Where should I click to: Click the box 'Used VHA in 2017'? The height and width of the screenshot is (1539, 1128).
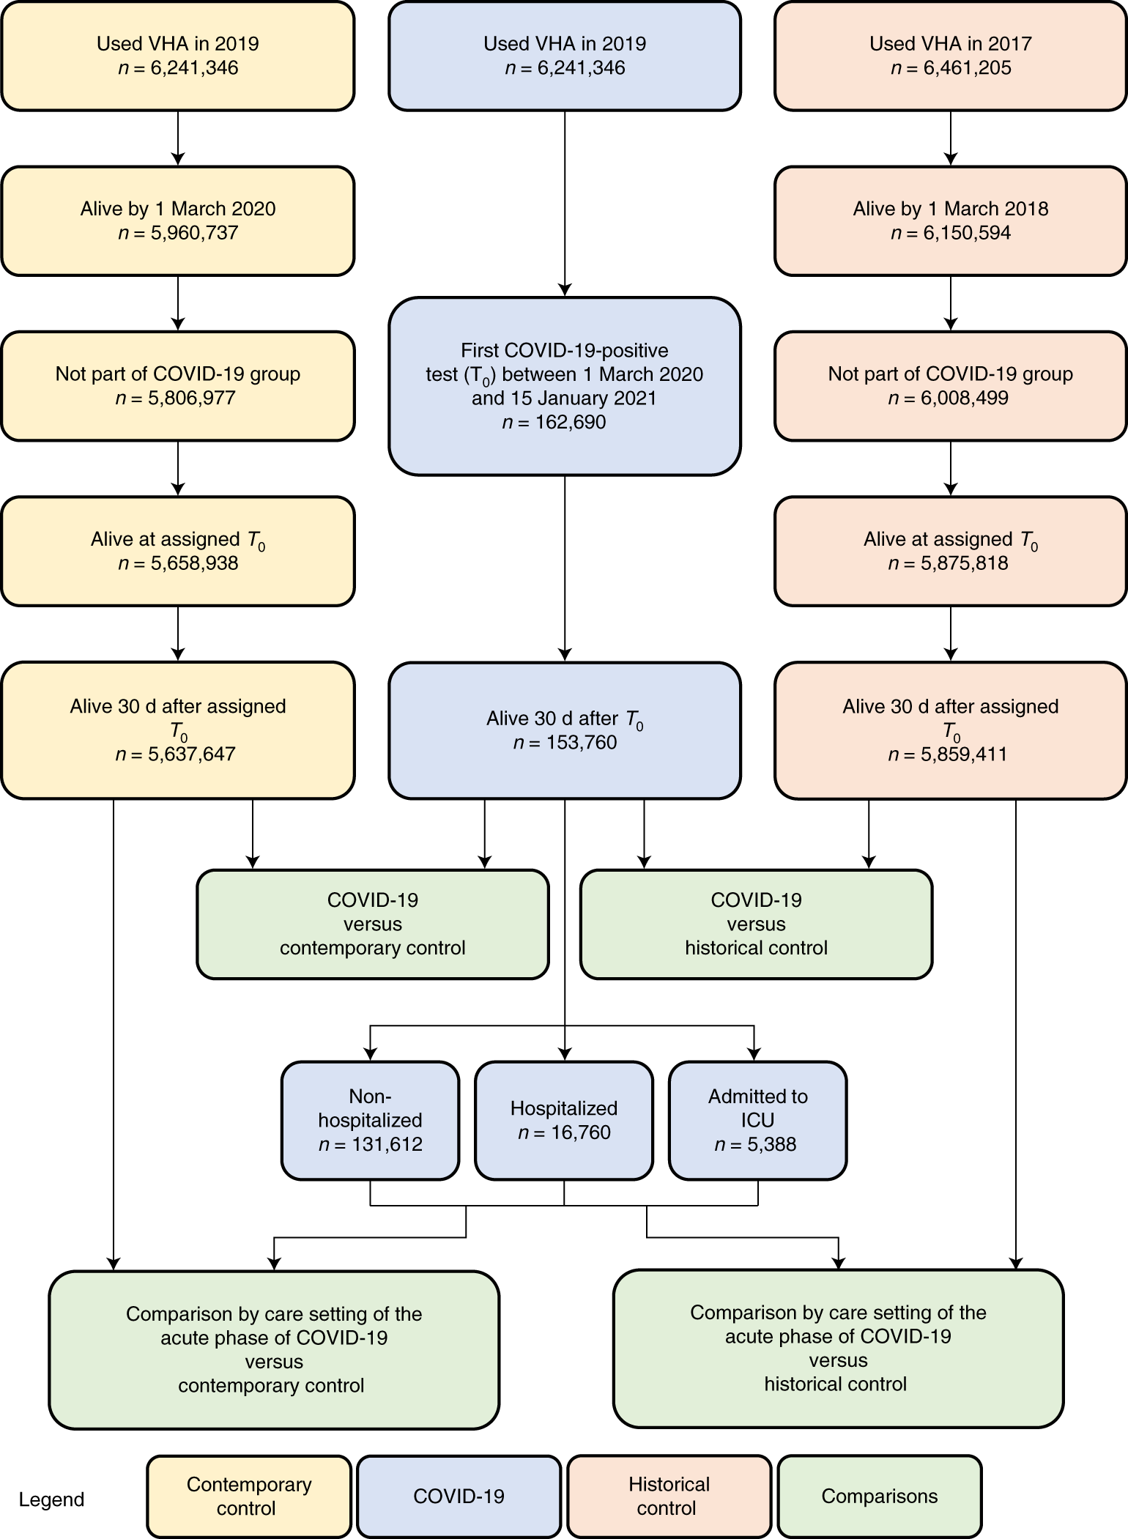[950, 56]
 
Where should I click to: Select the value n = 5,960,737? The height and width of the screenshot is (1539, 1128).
[178, 233]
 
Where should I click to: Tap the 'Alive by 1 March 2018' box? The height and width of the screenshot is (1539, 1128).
[950, 220]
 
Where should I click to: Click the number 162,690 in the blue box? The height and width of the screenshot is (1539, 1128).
[554, 423]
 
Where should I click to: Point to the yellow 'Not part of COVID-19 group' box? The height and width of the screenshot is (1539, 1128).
[178, 386]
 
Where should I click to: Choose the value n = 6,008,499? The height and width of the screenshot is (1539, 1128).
[949, 398]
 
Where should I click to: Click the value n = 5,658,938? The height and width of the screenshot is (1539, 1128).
[178, 563]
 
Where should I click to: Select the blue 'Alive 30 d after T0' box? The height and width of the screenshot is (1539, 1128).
[564, 730]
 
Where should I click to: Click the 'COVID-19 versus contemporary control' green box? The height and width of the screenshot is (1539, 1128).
[373, 924]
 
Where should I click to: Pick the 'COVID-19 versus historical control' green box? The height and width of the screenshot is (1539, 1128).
[756, 924]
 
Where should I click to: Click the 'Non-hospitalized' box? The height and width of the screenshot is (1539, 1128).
[370, 1120]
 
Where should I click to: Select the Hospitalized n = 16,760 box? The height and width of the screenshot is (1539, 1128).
[564, 1120]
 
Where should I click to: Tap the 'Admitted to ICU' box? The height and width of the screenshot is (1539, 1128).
[757, 1120]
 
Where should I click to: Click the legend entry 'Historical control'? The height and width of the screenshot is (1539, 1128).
[669, 1496]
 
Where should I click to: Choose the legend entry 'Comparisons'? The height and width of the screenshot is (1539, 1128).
[879, 1496]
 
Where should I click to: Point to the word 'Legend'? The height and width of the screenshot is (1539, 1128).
[51, 1499]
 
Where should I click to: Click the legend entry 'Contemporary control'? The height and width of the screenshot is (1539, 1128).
[249, 1496]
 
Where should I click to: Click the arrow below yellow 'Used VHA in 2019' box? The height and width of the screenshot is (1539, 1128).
[178, 138]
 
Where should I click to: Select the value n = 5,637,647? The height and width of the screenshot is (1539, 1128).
[175, 754]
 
